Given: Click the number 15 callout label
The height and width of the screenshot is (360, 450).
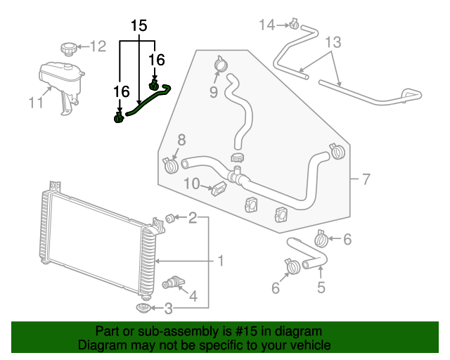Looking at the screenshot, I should pyautogui.click(x=139, y=27).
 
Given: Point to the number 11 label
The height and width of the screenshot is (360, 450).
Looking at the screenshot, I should pyautogui.click(x=35, y=103).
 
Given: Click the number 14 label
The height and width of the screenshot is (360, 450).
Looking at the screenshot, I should pyautogui.click(x=266, y=25).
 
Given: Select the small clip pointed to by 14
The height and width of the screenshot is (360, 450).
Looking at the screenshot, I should pyautogui.click(x=295, y=27).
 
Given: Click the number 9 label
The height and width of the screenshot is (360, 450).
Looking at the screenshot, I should pyautogui.click(x=213, y=91).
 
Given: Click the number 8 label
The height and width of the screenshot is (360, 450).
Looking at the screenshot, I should pyautogui.click(x=181, y=139).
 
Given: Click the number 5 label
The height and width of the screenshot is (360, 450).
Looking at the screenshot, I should pyautogui.click(x=321, y=286).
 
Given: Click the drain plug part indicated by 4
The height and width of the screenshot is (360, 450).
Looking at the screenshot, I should pyautogui.click(x=171, y=282).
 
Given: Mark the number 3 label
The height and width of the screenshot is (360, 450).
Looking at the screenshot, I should pyautogui.click(x=168, y=307).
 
